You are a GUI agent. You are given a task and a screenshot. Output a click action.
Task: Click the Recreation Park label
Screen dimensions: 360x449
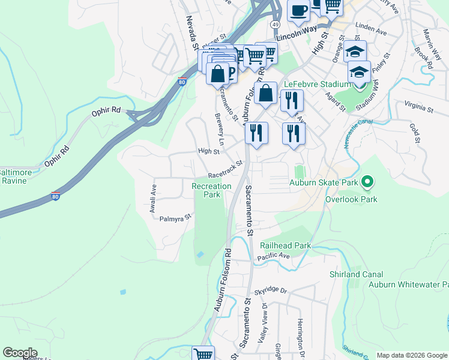click(x=211, y=190)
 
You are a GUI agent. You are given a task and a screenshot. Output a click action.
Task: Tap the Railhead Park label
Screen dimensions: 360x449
click(x=285, y=245)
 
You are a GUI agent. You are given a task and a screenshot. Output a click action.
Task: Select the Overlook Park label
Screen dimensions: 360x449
click(x=351, y=199)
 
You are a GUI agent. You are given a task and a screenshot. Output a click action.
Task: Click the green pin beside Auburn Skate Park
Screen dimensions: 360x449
click(x=369, y=181)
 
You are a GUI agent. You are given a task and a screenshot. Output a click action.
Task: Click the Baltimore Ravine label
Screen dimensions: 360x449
click(x=13, y=176)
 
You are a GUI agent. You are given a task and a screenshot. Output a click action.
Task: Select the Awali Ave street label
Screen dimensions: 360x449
click(x=153, y=199)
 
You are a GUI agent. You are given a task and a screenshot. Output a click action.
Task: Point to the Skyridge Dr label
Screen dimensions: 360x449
click(x=271, y=291)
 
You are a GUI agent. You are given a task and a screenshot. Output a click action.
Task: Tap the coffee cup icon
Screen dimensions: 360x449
click(x=298, y=10)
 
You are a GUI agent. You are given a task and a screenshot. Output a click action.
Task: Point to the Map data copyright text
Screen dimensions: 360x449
click(x=411, y=355)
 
